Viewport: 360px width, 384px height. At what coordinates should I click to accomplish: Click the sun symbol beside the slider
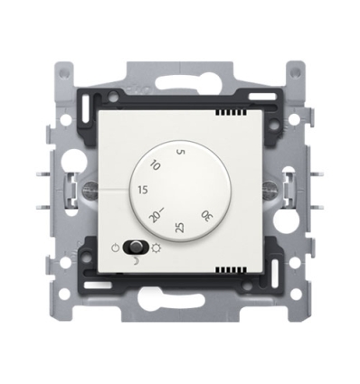[161, 247]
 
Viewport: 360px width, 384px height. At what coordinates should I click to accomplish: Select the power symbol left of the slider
[115, 247]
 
